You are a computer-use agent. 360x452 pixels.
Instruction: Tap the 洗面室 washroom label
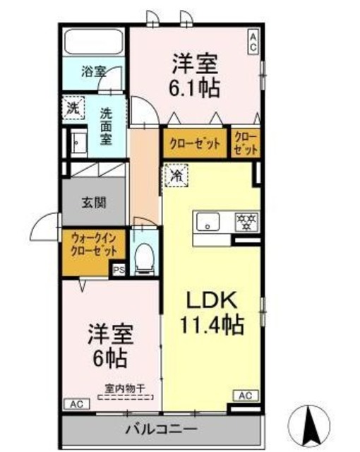click(105, 125)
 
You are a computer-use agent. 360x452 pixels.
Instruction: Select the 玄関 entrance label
click(92, 203)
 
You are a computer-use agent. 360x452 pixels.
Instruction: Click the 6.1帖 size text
click(195, 88)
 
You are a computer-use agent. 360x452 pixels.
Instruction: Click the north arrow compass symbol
click(311, 423)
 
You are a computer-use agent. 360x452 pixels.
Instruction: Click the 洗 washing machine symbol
click(73, 107)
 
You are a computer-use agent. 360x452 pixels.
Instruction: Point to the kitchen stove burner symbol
click(245, 222)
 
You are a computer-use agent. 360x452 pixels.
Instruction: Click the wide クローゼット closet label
click(195, 143)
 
